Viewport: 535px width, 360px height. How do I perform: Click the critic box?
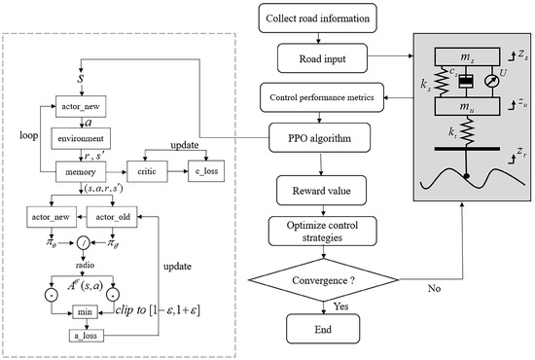(159, 171)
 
